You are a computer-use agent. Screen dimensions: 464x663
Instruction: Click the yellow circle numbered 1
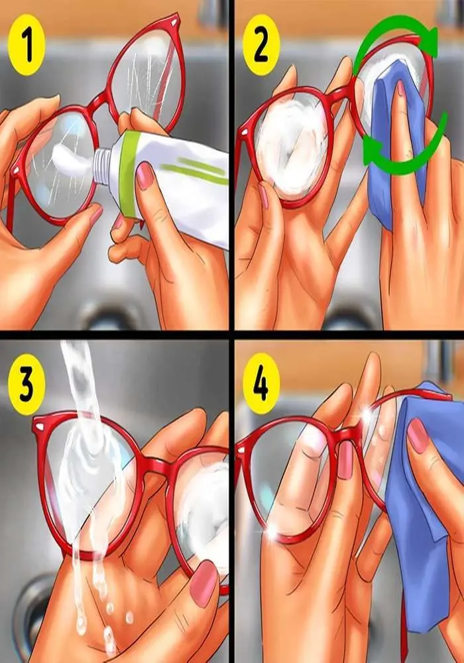tap(27, 45)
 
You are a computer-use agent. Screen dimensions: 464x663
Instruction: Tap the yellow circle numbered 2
tap(261, 45)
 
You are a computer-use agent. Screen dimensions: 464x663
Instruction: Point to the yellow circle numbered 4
tap(261, 383)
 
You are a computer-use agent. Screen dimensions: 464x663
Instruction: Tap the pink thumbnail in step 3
tap(203, 583)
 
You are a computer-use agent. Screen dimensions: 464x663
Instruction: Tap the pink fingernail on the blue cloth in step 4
tap(418, 435)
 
